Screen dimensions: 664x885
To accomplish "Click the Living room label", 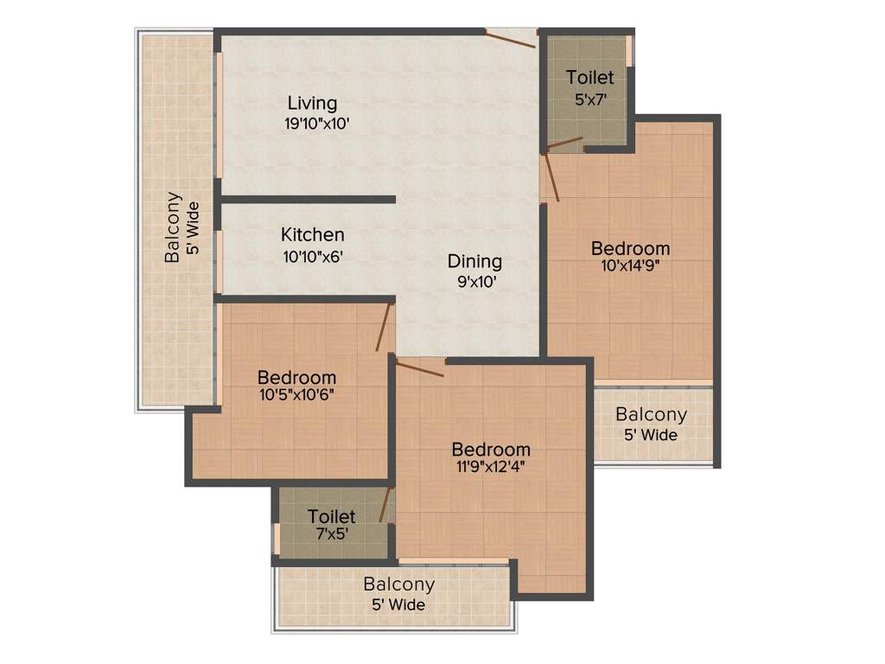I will [312, 104].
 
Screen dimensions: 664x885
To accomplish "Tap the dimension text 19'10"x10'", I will [316, 124].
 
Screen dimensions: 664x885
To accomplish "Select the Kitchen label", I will [312, 235].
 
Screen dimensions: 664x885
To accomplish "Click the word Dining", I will [474, 261].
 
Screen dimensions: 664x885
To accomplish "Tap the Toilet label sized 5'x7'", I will [590, 78].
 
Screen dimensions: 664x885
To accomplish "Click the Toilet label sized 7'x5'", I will [331, 517].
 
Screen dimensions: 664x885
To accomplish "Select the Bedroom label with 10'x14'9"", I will [630, 249].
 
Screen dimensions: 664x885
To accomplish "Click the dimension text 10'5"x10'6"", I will [296, 396].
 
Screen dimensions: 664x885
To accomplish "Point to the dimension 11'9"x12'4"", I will [490, 468].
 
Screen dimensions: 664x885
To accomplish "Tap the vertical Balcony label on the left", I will [174, 227].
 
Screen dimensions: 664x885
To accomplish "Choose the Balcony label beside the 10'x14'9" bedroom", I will [651, 415].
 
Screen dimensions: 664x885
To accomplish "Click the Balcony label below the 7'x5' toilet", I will [398, 584].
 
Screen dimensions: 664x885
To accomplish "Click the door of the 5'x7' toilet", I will [565, 142].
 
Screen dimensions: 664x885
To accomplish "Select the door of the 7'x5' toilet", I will [385, 504].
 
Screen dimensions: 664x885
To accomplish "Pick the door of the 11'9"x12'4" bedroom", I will [419, 367].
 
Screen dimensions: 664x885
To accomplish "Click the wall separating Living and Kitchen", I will [307, 200].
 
